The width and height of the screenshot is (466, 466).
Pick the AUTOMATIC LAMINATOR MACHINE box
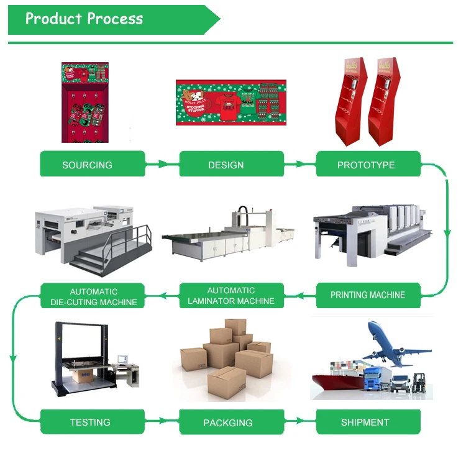coord(231,295)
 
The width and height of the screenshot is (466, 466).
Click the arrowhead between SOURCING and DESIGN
coord(163,165)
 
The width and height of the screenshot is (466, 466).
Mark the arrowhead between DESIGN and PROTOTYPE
coord(301,165)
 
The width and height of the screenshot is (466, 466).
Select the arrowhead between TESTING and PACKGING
coord(163,421)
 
